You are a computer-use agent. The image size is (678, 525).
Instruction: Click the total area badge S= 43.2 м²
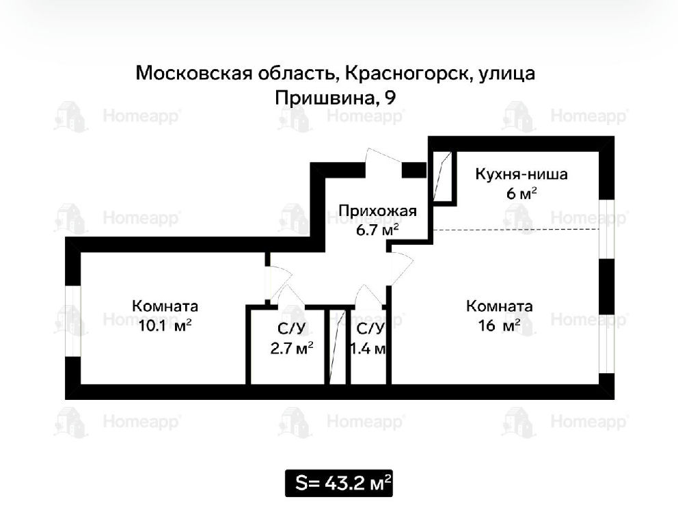338,483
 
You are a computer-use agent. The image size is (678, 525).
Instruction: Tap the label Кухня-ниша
521,174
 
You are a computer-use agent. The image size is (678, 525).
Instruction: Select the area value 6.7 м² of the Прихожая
377,230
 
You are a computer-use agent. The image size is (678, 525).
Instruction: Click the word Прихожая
377,211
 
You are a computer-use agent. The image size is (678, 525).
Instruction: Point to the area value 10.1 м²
165,325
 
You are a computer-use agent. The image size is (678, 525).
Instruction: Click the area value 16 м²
499,325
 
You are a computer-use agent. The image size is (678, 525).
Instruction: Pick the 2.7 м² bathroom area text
291,348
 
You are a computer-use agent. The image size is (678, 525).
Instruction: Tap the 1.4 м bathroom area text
368,348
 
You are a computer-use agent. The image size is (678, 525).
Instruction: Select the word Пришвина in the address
324,98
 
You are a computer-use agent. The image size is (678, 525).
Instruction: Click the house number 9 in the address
390,98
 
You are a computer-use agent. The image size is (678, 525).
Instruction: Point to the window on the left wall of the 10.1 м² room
73,321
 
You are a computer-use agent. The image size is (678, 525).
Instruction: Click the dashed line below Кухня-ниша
516,229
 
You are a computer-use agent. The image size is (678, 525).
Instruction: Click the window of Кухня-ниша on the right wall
607,229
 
